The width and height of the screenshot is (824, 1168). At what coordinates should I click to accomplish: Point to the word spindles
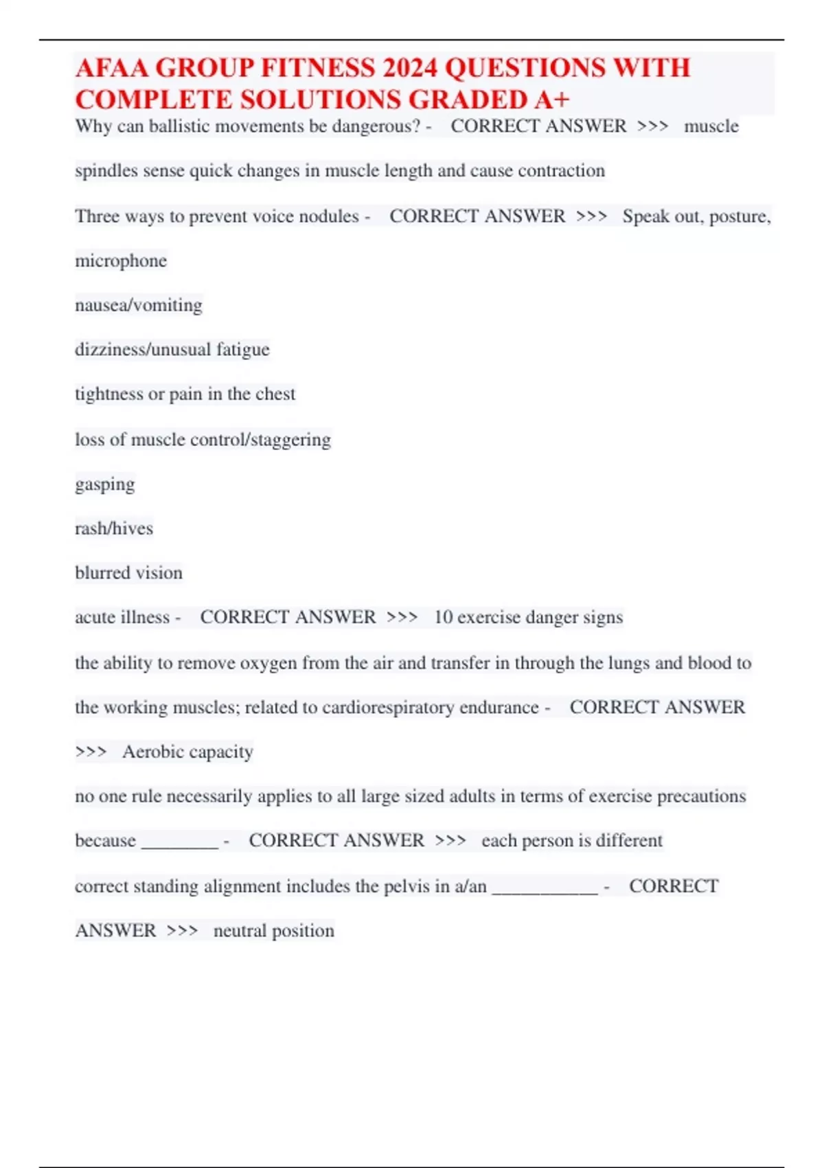click(x=105, y=171)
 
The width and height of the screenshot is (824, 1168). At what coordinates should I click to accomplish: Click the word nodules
click(x=330, y=216)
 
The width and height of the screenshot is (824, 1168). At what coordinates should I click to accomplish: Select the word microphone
click(x=121, y=261)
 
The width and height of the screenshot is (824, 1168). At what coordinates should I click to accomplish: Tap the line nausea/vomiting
click(x=139, y=305)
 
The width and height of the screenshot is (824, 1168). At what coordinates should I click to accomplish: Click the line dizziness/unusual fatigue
click(x=172, y=350)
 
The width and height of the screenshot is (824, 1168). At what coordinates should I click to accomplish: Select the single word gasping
click(x=105, y=484)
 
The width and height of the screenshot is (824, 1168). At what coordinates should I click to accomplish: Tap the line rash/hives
click(x=114, y=528)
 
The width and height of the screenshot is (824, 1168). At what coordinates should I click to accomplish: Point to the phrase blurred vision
click(x=129, y=573)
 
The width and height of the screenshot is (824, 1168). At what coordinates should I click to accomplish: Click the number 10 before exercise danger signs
click(x=443, y=617)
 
